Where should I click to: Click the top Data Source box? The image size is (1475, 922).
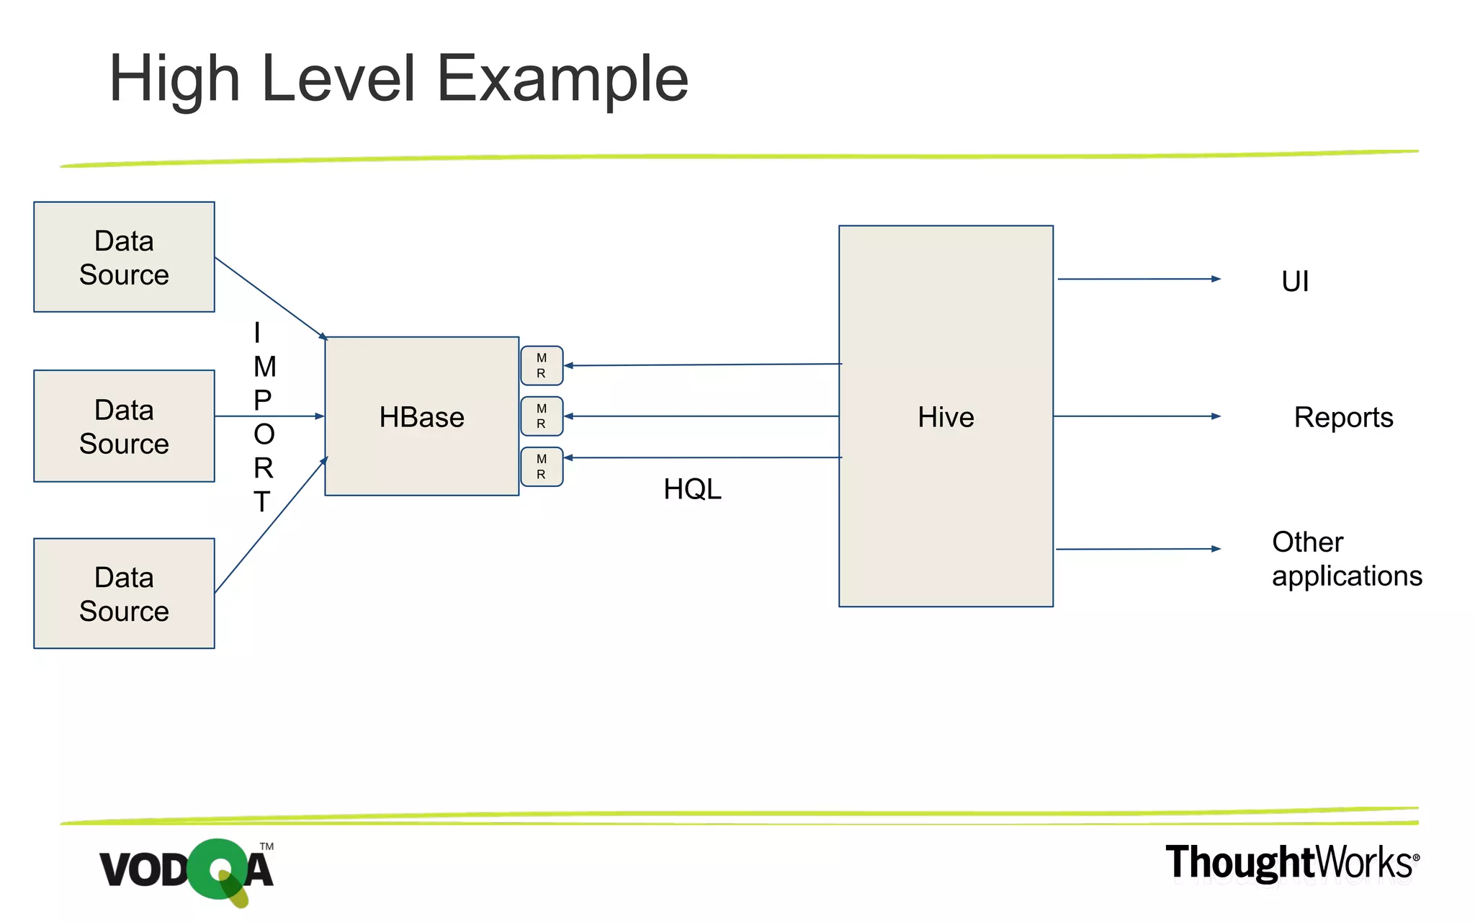point(124,257)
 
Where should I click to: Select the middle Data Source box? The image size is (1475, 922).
point(124,426)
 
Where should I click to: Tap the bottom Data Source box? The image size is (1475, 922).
point(124,594)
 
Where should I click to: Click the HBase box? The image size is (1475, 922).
point(421,416)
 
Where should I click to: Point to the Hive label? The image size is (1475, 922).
point(946,417)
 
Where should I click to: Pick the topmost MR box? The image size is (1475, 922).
point(542,366)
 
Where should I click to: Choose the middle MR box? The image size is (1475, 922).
point(542,416)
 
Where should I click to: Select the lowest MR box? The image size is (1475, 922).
point(542,467)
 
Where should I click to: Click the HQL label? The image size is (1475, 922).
point(692,490)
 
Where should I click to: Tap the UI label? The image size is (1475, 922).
point(1295,281)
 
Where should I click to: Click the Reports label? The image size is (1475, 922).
point(1343,417)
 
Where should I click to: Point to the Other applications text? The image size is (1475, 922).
point(1346,559)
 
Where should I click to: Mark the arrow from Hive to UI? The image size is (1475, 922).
point(1138,279)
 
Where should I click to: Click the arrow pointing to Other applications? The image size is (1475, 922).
point(1138,549)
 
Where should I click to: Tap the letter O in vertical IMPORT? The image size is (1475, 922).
point(264,434)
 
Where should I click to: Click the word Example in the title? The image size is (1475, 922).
point(562,79)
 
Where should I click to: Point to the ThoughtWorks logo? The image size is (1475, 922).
point(1292,863)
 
